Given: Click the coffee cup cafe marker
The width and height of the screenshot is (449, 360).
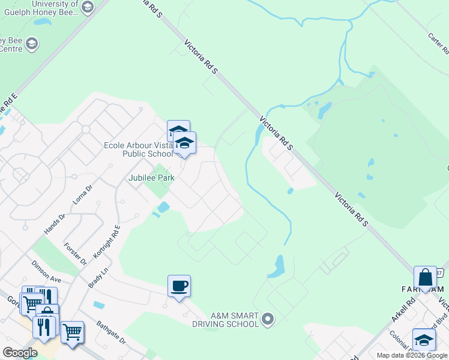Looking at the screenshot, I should (179, 286).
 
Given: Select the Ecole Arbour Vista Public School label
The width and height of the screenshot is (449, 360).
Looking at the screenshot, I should (139, 149).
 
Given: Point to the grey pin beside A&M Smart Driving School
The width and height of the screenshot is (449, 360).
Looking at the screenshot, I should (268, 319).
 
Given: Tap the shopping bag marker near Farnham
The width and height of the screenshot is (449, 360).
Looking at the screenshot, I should (425, 277).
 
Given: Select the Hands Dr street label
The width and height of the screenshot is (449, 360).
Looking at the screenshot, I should (54, 224).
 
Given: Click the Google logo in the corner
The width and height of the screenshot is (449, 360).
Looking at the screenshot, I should (20, 353).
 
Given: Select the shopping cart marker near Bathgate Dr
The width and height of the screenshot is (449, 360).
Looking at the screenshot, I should (72, 331).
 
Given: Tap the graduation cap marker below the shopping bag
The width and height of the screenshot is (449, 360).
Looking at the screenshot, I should (424, 340).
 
